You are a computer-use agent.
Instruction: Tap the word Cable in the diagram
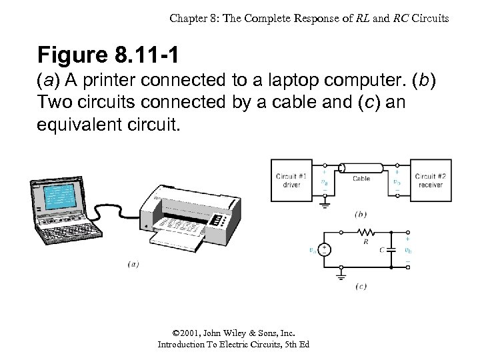click(x=361, y=179)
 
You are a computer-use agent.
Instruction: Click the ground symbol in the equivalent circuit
click(x=342, y=272)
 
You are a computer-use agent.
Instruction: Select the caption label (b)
click(x=361, y=215)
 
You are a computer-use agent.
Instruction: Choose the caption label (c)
click(x=361, y=287)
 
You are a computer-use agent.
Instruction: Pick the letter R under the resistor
click(x=365, y=243)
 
